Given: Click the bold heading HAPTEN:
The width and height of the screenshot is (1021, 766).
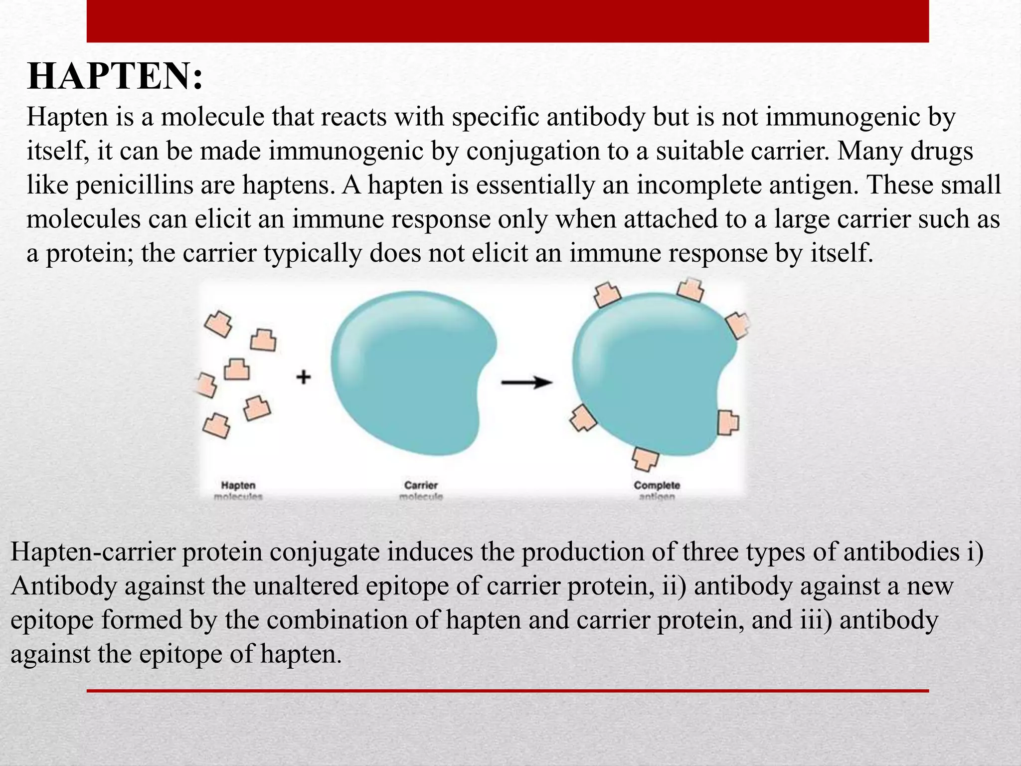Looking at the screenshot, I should coord(115,77).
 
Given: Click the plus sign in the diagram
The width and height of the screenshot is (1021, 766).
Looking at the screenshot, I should coord(304,377).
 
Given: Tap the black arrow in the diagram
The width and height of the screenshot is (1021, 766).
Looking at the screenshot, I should coord(526,383).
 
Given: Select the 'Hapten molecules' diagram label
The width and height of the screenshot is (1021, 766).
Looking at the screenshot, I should coord(238,490).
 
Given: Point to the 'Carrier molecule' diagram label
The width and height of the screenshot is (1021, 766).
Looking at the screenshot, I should coord(421,490).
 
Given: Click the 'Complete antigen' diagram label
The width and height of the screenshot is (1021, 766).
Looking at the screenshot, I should coord(657,490).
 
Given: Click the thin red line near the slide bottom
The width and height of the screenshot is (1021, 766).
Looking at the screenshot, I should coord(508,691).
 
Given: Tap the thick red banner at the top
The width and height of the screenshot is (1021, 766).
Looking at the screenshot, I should coord(508,21).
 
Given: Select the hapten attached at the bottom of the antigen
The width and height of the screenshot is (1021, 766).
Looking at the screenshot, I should coord(646,458).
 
